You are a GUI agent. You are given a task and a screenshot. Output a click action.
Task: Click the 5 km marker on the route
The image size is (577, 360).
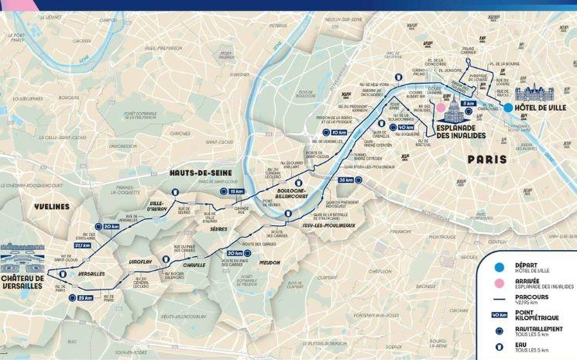click(x=468, y=103)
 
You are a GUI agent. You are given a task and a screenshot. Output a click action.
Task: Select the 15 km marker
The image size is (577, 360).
click(x=237, y=190)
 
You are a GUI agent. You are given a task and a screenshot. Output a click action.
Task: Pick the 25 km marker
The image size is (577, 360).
click(x=84, y=297)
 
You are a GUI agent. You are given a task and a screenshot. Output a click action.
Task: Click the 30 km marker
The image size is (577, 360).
click(x=234, y=253)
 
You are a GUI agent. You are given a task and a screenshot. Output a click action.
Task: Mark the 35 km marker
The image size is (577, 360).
click(x=345, y=180)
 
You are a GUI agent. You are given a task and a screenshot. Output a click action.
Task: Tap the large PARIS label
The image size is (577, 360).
click(x=486, y=159)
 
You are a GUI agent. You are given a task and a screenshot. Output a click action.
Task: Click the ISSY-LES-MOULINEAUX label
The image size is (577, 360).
click(x=328, y=225)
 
